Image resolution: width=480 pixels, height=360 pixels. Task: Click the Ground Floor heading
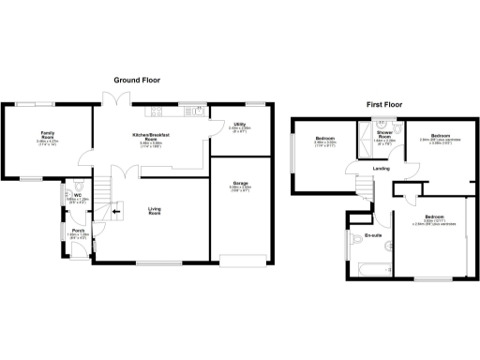(137, 81)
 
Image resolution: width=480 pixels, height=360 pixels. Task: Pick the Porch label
(79, 229)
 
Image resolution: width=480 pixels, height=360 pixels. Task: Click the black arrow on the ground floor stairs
(116, 213)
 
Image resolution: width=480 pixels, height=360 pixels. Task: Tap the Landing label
(381, 169)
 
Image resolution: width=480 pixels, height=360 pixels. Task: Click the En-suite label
(372, 234)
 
